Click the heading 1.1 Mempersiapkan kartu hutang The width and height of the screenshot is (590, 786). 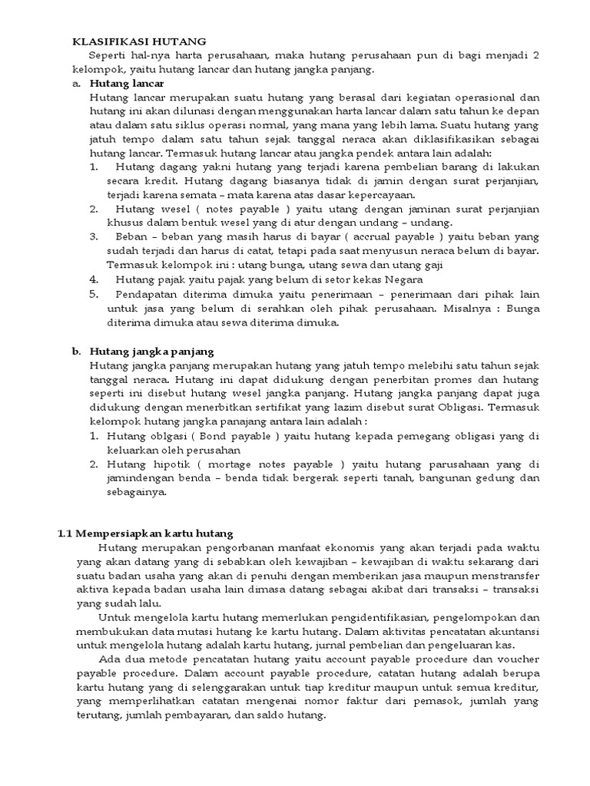click(x=146, y=533)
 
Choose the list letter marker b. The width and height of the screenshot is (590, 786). click(x=77, y=351)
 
